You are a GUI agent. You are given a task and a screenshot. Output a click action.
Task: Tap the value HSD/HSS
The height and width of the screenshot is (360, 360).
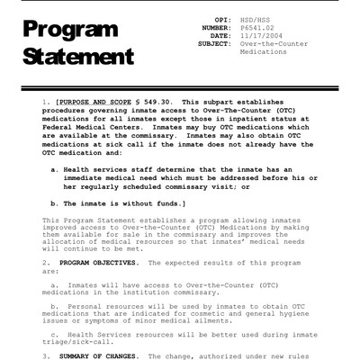(256, 19)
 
